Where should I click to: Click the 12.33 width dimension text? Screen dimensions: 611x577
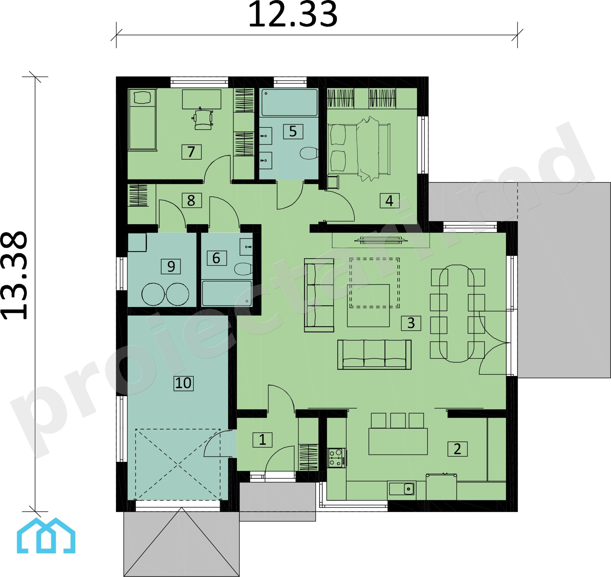pyautogui.click(x=293, y=15)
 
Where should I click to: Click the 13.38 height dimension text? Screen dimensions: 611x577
pyautogui.click(x=15, y=276)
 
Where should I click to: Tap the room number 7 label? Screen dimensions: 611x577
pyautogui.click(x=191, y=152)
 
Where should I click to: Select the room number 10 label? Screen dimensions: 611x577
pyautogui.click(x=184, y=383)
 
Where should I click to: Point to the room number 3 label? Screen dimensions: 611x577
pyautogui.click(x=411, y=323)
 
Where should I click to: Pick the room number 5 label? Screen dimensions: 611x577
pyautogui.click(x=293, y=132)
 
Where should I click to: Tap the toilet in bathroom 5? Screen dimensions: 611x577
pyautogui.click(x=309, y=153)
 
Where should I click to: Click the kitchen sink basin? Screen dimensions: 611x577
pyautogui.click(x=402, y=489)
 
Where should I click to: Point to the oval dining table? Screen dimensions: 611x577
pyautogui.click(x=457, y=313)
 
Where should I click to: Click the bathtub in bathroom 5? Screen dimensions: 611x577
pyautogui.click(x=289, y=102)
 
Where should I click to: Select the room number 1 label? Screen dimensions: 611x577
pyautogui.click(x=262, y=440)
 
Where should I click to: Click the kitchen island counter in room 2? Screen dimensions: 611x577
pyautogui.click(x=398, y=441)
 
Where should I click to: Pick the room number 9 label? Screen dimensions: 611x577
pyautogui.click(x=171, y=266)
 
